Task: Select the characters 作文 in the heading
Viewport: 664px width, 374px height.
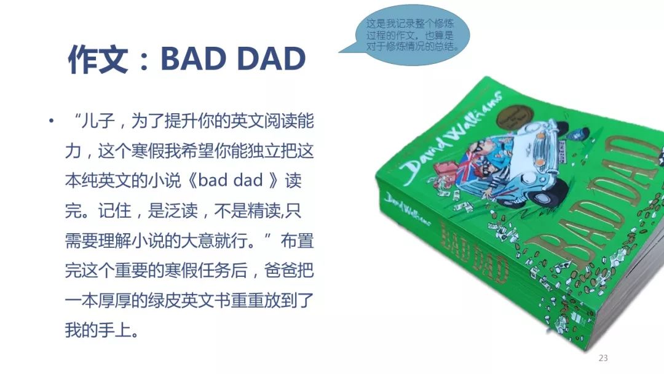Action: point(98,59)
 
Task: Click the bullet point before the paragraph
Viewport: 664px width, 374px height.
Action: point(51,121)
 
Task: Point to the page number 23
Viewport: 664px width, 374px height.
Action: point(603,358)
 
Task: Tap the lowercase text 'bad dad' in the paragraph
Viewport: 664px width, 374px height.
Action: point(231,180)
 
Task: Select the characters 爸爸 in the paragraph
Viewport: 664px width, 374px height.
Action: point(281,270)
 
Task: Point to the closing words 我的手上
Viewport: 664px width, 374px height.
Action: point(98,330)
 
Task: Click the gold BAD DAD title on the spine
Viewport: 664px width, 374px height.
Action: point(474,250)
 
